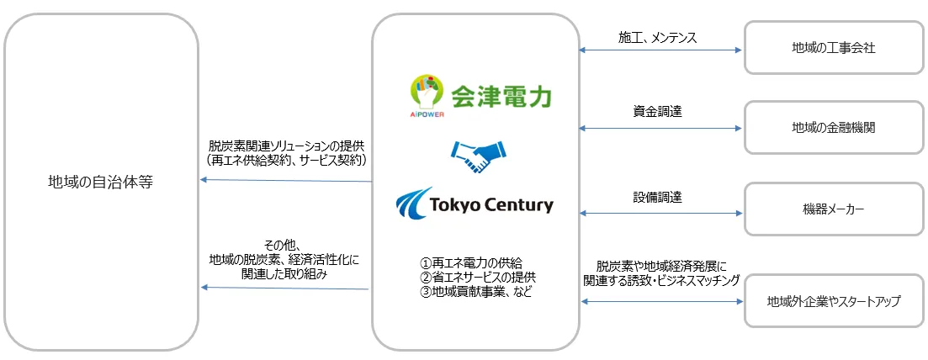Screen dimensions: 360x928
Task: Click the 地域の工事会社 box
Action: click(x=834, y=49)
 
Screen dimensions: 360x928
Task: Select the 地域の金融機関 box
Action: click(x=834, y=128)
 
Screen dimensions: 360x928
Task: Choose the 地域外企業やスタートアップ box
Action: click(x=834, y=300)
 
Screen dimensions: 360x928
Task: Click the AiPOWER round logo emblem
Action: click(x=425, y=93)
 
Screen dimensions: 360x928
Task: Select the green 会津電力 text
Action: click(x=501, y=97)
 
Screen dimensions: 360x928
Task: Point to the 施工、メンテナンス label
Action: click(x=658, y=37)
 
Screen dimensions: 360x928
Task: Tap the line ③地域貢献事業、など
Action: click(x=476, y=291)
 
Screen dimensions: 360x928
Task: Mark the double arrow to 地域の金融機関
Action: click(x=660, y=129)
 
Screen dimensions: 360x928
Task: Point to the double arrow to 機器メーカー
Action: click(x=660, y=214)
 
